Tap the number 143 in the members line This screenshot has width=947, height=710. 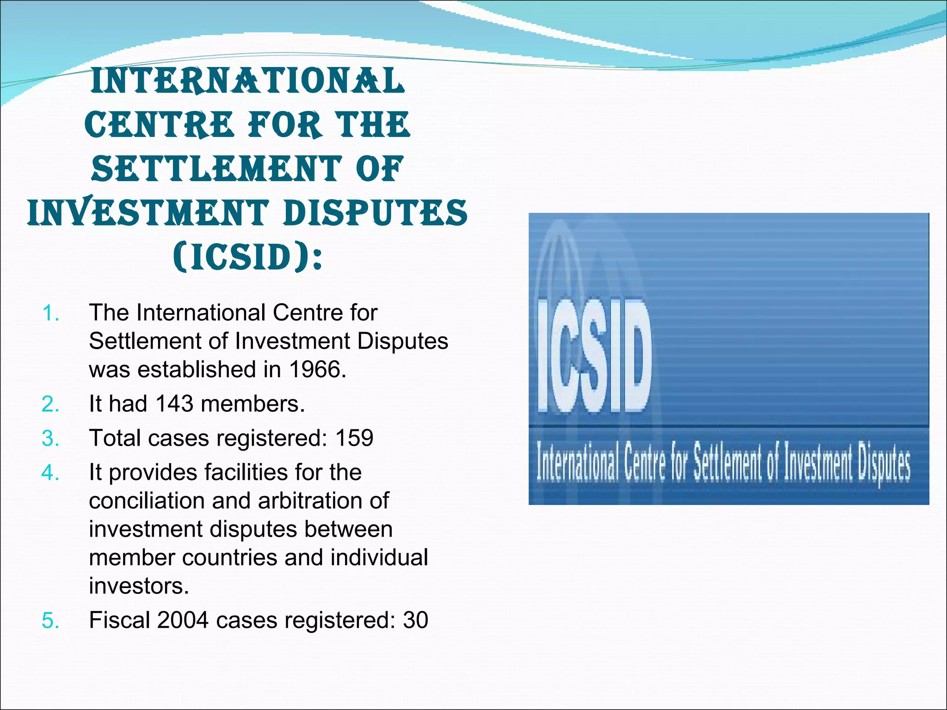[x=174, y=404]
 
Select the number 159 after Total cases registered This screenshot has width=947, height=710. [x=354, y=438]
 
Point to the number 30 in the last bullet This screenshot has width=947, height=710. [x=415, y=620]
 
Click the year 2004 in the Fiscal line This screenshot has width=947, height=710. [x=183, y=620]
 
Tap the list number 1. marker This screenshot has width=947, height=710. [x=50, y=313]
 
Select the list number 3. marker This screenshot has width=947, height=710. [x=50, y=438]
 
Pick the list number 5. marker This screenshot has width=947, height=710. [x=50, y=620]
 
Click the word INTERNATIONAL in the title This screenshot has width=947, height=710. [x=248, y=81]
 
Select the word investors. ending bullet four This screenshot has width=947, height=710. [x=139, y=586]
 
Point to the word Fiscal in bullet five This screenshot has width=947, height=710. [x=119, y=620]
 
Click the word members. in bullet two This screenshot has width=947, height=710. [x=253, y=404]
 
